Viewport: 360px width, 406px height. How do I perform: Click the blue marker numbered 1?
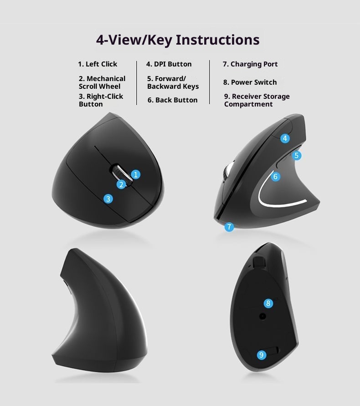[x=135, y=174]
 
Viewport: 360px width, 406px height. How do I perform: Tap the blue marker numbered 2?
[x=121, y=184]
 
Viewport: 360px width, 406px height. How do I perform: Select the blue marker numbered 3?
[x=108, y=198]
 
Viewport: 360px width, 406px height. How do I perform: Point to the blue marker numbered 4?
[x=285, y=138]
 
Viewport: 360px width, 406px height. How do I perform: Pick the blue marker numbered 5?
[x=297, y=156]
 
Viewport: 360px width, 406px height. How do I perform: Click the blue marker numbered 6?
[x=275, y=176]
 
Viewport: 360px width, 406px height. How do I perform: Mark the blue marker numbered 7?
[x=229, y=226]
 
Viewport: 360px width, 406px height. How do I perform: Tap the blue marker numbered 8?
[x=268, y=303]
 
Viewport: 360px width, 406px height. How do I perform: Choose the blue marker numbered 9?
[x=261, y=355]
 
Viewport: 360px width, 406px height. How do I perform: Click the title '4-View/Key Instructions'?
[x=178, y=40]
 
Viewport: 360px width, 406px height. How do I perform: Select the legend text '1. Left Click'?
[x=98, y=64]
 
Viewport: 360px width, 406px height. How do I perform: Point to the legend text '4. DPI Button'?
[x=169, y=64]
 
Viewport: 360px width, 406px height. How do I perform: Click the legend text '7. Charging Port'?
[x=250, y=64]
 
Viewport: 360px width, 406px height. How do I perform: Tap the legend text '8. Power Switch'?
[x=250, y=82]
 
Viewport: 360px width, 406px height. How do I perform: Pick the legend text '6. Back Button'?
[x=172, y=100]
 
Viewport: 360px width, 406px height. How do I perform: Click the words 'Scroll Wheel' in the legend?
[x=100, y=86]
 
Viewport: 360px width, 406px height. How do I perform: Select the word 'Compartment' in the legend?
[x=248, y=104]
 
